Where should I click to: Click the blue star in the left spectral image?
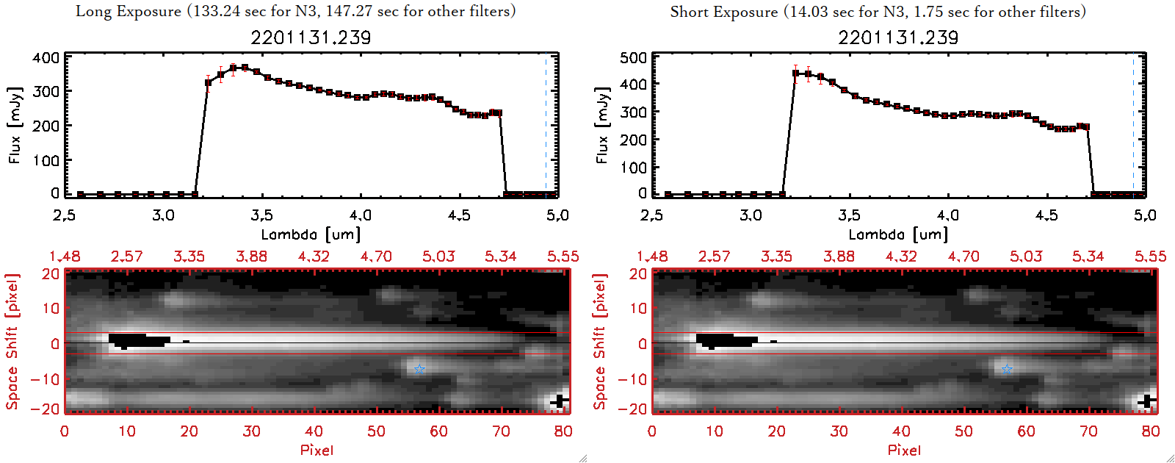click(419, 369)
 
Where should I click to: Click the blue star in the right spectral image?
click(1006, 369)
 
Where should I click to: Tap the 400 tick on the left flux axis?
click(46, 57)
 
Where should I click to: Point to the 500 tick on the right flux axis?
click(634, 57)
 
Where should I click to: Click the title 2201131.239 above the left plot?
click(311, 37)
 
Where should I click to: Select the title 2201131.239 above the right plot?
click(898, 37)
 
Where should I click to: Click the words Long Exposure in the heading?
click(129, 11)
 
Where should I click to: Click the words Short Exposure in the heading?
click(723, 12)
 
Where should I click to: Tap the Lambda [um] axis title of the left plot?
click(311, 234)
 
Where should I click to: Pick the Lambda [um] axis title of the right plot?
click(898, 234)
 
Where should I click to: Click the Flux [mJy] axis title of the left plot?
click(15, 125)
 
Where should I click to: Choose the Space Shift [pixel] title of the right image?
click(600, 342)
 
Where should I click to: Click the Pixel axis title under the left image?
click(317, 450)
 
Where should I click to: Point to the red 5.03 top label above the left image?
click(438, 256)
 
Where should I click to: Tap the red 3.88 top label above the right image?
click(839, 256)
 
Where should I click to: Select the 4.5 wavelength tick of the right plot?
click(1046, 215)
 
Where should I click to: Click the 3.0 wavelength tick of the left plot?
click(163, 215)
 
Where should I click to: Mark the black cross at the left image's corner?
click(560, 401)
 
